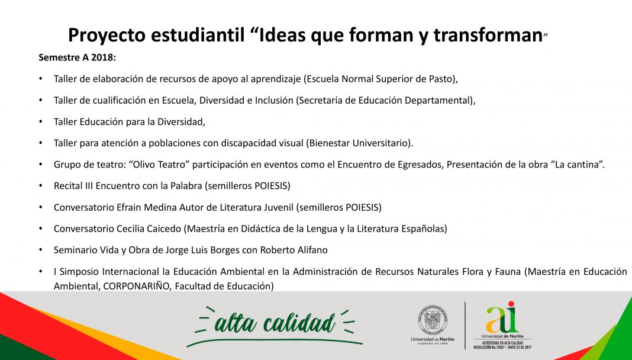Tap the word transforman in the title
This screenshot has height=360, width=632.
click(x=488, y=35)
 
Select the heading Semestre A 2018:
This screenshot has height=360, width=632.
click(x=78, y=57)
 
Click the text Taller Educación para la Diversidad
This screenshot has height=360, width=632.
click(x=128, y=122)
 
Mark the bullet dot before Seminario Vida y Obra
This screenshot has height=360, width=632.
click(x=41, y=250)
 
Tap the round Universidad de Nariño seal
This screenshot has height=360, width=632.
click(x=433, y=319)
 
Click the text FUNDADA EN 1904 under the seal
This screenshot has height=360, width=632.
click(x=432, y=344)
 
